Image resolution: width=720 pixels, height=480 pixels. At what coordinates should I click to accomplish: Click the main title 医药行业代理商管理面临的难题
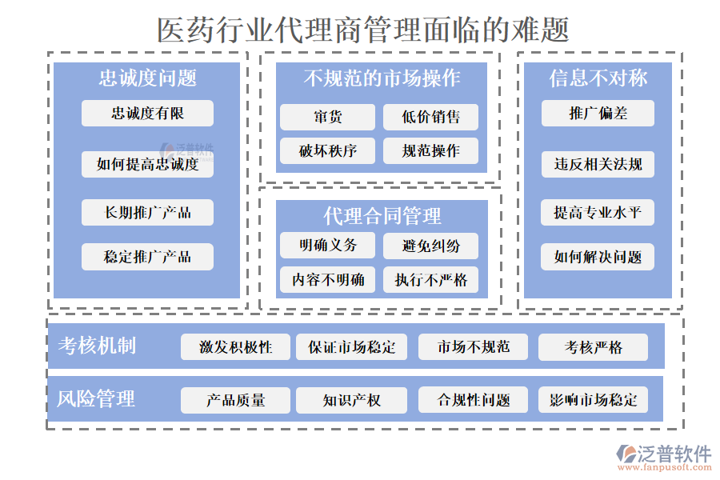[363, 30]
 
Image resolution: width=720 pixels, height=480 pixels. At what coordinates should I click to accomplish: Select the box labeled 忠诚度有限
[147, 114]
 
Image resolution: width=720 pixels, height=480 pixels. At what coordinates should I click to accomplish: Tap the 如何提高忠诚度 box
[147, 165]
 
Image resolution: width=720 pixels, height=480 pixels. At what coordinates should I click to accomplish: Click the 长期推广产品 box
[147, 213]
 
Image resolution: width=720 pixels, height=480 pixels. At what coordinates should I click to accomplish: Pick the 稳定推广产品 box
[147, 257]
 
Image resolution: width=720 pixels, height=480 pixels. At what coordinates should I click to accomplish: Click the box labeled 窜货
[327, 118]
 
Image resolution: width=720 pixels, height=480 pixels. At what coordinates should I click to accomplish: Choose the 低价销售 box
[431, 118]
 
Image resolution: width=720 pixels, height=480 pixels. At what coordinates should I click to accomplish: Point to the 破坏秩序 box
[327, 151]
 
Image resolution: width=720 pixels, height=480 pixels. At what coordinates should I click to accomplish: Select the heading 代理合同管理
[382, 215]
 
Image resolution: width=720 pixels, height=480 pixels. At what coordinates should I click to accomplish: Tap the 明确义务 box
[327, 246]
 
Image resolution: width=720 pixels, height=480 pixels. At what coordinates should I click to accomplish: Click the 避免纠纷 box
[431, 246]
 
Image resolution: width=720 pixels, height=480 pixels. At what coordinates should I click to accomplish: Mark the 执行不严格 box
[431, 279]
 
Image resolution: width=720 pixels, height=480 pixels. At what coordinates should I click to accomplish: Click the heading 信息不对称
[598, 78]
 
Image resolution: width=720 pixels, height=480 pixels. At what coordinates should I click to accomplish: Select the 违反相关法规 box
[598, 165]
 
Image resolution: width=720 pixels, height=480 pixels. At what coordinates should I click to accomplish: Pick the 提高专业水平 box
[598, 213]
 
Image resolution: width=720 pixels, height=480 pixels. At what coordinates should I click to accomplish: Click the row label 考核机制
[97, 346]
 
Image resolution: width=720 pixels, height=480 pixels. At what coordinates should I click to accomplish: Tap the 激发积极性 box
[235, 347]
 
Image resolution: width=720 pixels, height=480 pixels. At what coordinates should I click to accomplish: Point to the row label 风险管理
[96, 398]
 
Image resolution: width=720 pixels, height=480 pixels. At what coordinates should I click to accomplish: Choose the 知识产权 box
[351, 400]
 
